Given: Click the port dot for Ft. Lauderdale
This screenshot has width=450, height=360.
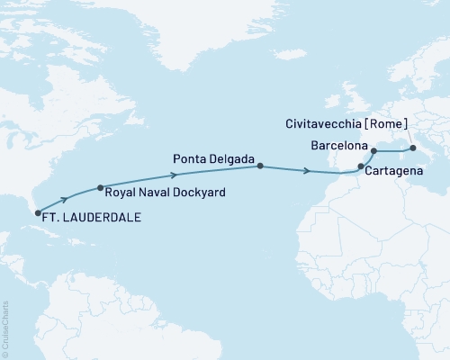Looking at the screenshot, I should (38, 213).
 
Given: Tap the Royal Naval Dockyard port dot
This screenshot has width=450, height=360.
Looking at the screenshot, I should (100, 188).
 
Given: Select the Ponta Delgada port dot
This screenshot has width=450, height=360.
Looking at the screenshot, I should (260, 166).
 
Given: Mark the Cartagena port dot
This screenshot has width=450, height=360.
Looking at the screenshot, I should (361, 166).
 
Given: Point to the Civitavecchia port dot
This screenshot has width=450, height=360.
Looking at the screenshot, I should (412, 148).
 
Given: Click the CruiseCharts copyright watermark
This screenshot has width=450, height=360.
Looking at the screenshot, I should (5, 329).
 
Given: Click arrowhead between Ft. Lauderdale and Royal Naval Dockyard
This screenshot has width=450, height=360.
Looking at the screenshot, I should (65, 200).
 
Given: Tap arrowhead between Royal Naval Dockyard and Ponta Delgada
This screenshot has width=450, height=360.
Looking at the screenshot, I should (175, 173).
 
